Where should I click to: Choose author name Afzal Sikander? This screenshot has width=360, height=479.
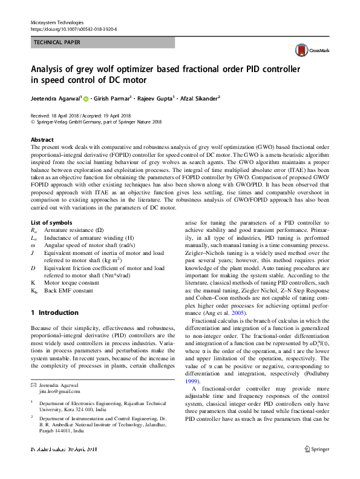198,98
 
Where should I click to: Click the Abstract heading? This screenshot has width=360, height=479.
42,139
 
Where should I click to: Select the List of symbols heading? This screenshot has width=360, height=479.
51,223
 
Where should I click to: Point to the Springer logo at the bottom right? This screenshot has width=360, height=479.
316,466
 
